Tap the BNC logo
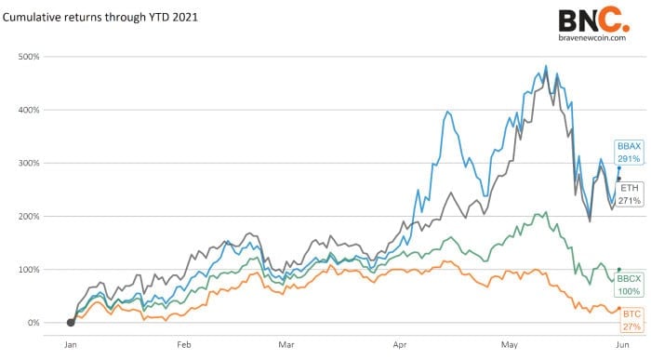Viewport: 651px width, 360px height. [x=591, y=20]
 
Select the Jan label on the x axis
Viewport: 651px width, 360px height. [x=71, y=343]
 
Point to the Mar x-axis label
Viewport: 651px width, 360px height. [x=286, y=343]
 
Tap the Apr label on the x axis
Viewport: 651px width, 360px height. [x=400, y=343]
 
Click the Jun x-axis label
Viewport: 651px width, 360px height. [x=621, y=343]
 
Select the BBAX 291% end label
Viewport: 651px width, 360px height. [x=628, y=153]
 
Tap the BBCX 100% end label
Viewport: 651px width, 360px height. [x=630, y=285]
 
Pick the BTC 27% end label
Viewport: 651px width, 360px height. [x=631, y=321]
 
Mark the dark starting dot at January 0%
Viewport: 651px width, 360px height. [x=71, y=323]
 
